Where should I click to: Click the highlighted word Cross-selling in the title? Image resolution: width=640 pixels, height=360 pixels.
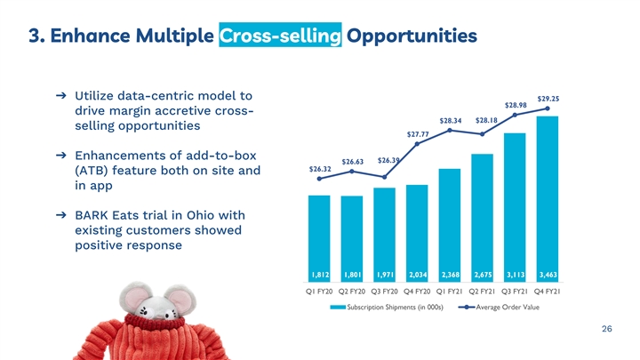pyautogui.click(x=280, y=35)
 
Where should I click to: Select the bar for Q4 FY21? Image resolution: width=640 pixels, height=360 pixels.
pyautogui.click(x=548, y=199)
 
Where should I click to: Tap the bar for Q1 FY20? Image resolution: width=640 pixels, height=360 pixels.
pyautogui.click(x=319, y=238)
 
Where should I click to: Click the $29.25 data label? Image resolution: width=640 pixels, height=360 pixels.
pyautogui.click(x=548, y=99)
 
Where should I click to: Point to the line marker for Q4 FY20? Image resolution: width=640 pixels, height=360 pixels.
pyautogui.click(x=417, y=144)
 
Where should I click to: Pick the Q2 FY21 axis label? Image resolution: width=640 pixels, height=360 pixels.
pyautogui.click(x=482, y=292)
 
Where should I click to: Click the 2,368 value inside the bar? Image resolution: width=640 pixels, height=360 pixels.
pyautogui.click(x=450, y=275)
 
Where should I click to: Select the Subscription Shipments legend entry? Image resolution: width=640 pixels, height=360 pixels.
pyautogui.click(x=387, y=307)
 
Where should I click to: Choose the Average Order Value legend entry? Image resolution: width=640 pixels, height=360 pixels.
pyautogui.click(x=499, y=307)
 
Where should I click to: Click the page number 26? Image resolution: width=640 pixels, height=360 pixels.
pyautogui.click(x=607, y=329)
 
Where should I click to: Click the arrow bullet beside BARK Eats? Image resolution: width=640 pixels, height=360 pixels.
pyautogui.click(x=60, y=215)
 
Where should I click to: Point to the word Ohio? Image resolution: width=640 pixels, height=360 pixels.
pyautogui.click(x=201, y=215)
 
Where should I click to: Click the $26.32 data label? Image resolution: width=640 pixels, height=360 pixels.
pyautogui.click(x=320, y=169)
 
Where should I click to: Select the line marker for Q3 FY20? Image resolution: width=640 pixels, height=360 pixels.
pyautogui.click(x=385, y=177)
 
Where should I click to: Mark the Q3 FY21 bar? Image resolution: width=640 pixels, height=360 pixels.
pyautogui.click(x=515, y=207)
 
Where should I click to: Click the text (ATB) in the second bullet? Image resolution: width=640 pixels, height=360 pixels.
pyautogui.click(x=92, y=171)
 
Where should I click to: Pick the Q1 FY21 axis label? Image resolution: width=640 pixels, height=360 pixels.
pyautogui.click(x=450, y=292)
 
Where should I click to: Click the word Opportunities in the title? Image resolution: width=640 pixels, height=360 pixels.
pyautogui.click(x=412, y=36)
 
